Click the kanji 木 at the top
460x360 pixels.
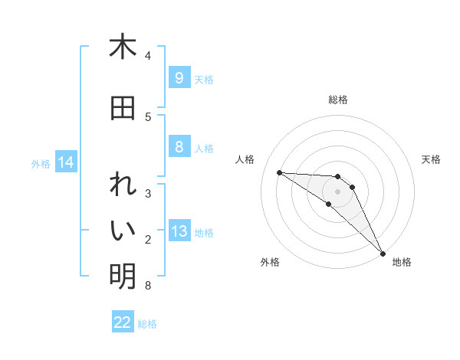pos(123,47)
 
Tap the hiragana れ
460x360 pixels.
pos(123,187)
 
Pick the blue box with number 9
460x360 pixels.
pos(179,78)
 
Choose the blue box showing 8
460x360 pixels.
pos(179,147)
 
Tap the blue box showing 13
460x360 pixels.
pos(179,232)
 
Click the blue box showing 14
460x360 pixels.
pos(65,162)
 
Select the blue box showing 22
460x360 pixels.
pos(123,322)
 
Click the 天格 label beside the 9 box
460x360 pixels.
pos(204,79)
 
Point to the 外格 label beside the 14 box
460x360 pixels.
pos(41,163)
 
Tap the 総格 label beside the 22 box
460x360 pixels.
pos(147,323)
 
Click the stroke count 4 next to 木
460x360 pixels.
pos(148,55)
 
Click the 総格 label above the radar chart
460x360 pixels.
pos(337,100)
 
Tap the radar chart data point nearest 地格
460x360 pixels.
pos(383,253)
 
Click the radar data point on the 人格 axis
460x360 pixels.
pos(279,172)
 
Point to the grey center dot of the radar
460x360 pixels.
pos(337,191)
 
